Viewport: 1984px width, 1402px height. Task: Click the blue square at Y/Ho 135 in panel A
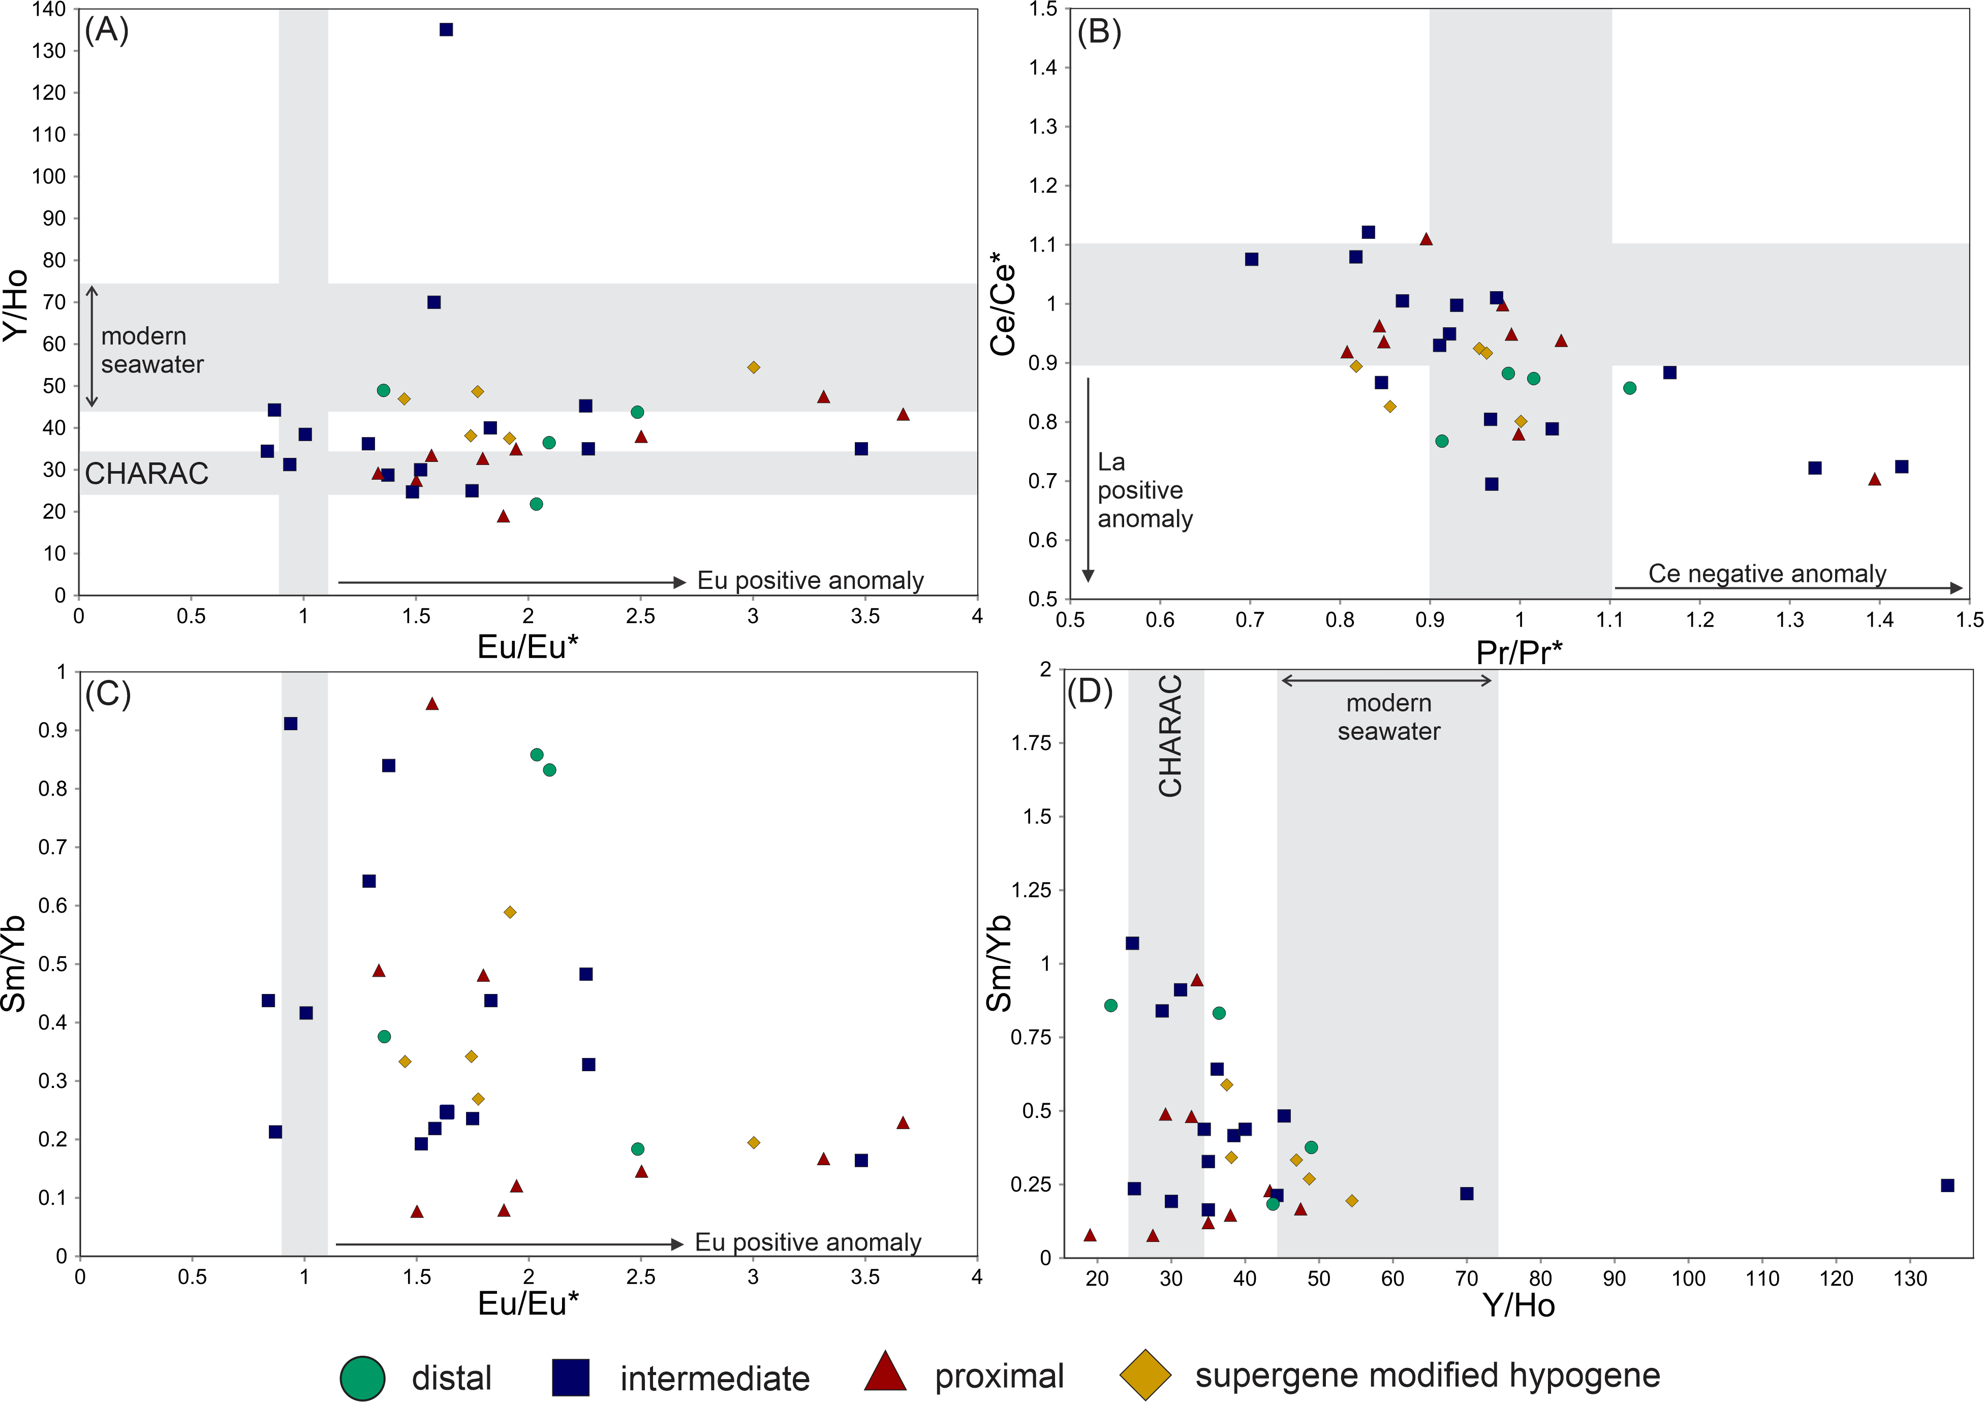point(446,29)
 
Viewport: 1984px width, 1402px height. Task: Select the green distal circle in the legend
point(362,1377)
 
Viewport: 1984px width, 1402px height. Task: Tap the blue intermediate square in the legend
point(570,1377)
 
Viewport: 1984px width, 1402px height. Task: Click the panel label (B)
point(1099,32)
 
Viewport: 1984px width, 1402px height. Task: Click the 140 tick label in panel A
point(48,10)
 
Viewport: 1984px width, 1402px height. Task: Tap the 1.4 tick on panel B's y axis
point(1043,68)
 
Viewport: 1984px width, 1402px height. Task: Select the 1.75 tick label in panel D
point(1032,743)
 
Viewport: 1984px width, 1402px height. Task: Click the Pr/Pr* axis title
point(1518,652)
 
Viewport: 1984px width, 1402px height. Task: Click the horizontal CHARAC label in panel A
point(147,474)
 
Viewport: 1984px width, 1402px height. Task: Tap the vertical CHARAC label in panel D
point(1170,736)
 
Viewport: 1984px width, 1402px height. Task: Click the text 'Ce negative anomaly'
point(1767,574)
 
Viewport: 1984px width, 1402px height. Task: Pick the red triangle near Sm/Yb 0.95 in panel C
point(432,704)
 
